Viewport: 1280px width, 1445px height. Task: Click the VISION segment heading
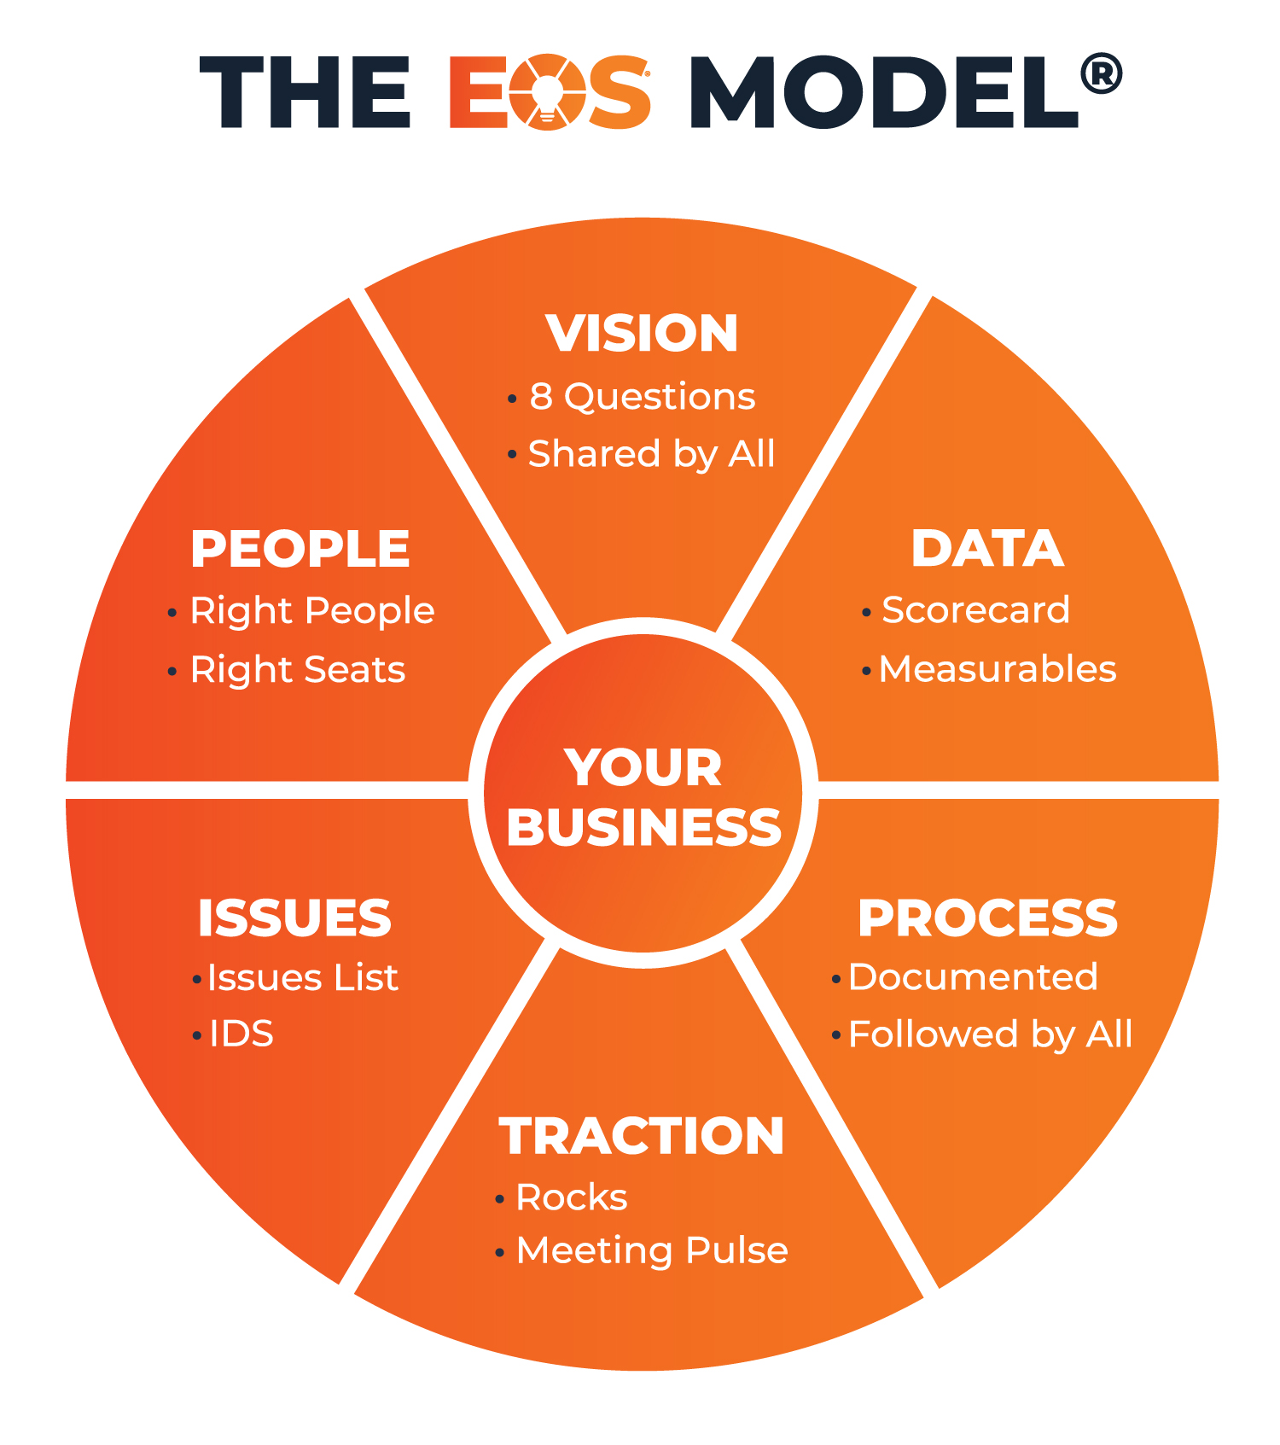pyautogui.click(x=642, y=333)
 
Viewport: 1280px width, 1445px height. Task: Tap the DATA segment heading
pyautogui.click(x=987, y=548)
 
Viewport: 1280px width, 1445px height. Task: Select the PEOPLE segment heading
pyautogui.click(x=300, y=548)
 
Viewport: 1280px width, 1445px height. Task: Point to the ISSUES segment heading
pyautogui.click(x=294, y=918)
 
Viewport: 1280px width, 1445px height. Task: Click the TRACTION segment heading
pyautogui.click(x=642, y=1136)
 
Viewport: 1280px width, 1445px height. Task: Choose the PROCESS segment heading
pyautogui.click(x=987, y=918)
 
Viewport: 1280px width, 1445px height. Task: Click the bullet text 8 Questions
pyautogui.click(x=643, y=397)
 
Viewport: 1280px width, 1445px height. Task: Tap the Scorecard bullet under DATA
pyautogui.click(x=975, y=610)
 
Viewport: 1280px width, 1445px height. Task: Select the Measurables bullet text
pyautogui.click(x=998, y=669)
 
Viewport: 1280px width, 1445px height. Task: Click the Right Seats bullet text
pyautogui.click(x=297, y=670)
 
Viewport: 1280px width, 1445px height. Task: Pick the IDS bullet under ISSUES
pyautogui.click(x=241, y=1034)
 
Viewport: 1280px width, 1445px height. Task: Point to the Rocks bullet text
pyautogui.click(x=572, y=1197)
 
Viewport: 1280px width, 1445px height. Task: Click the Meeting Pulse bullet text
pyautogui.click(x=652, y=1251)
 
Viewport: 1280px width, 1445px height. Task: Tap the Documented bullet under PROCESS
pyautogui.click(x=973, y=977)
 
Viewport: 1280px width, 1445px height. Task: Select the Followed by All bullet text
pyautogui.click(x=990, y=1034)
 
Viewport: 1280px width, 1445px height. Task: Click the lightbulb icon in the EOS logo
pyautogui.click(x=547, y=92)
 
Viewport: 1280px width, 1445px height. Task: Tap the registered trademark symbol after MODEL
pyautogui.click(x=1101, y=74)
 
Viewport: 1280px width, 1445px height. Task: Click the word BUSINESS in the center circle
pyautogui.click(x=643, y=827)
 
